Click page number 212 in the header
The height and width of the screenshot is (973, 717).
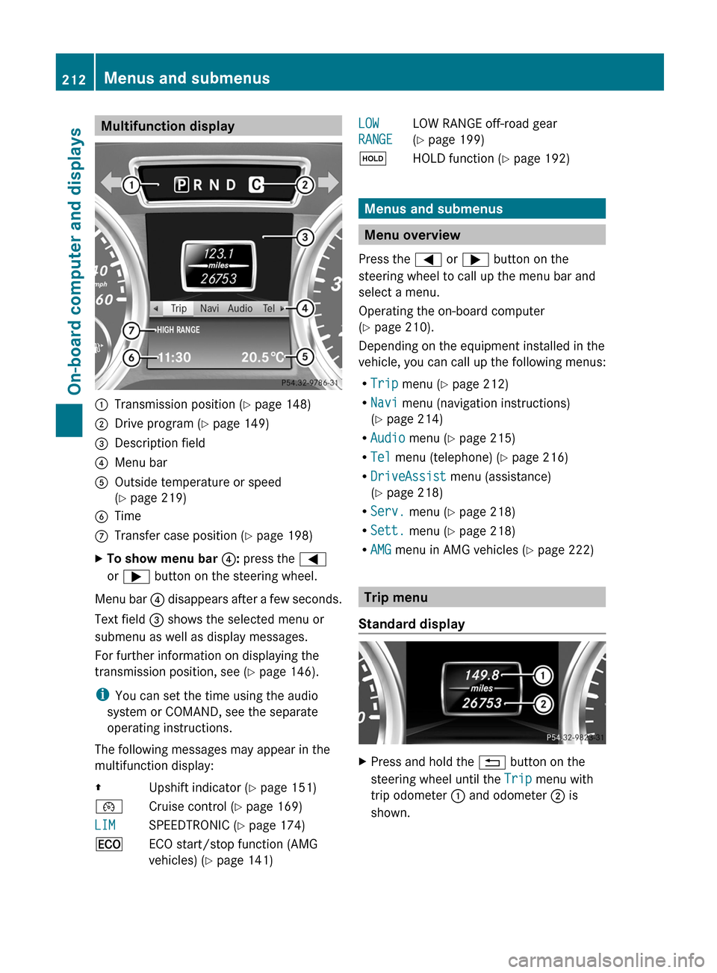(74, 79)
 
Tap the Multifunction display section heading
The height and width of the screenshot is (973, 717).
(167, 126)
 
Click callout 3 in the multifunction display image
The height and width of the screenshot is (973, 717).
(305, 238)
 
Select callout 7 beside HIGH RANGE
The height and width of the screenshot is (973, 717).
(131, 330)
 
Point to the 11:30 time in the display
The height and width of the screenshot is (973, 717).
(174, 357)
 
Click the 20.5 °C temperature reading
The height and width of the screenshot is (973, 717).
(262, 357)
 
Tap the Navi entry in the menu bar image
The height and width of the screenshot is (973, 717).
(209, 309)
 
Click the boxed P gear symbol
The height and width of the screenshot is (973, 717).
(181, 185)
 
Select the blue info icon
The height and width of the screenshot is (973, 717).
(102, 695)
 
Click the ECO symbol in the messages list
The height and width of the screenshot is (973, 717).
(109, 844)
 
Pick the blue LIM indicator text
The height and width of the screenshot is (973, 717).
(105, 825)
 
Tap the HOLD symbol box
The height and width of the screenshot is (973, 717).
(372, 158)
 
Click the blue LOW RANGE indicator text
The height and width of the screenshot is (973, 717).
(375, 132)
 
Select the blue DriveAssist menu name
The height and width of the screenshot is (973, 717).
(408, 476)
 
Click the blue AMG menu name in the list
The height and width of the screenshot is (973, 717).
(381, 549)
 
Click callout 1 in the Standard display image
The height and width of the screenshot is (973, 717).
(543, 676)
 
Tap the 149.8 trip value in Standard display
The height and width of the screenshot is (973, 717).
(481, 675)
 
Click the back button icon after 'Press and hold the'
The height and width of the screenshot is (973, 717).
(492, 762)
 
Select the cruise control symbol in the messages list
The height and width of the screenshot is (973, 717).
(109, 807)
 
